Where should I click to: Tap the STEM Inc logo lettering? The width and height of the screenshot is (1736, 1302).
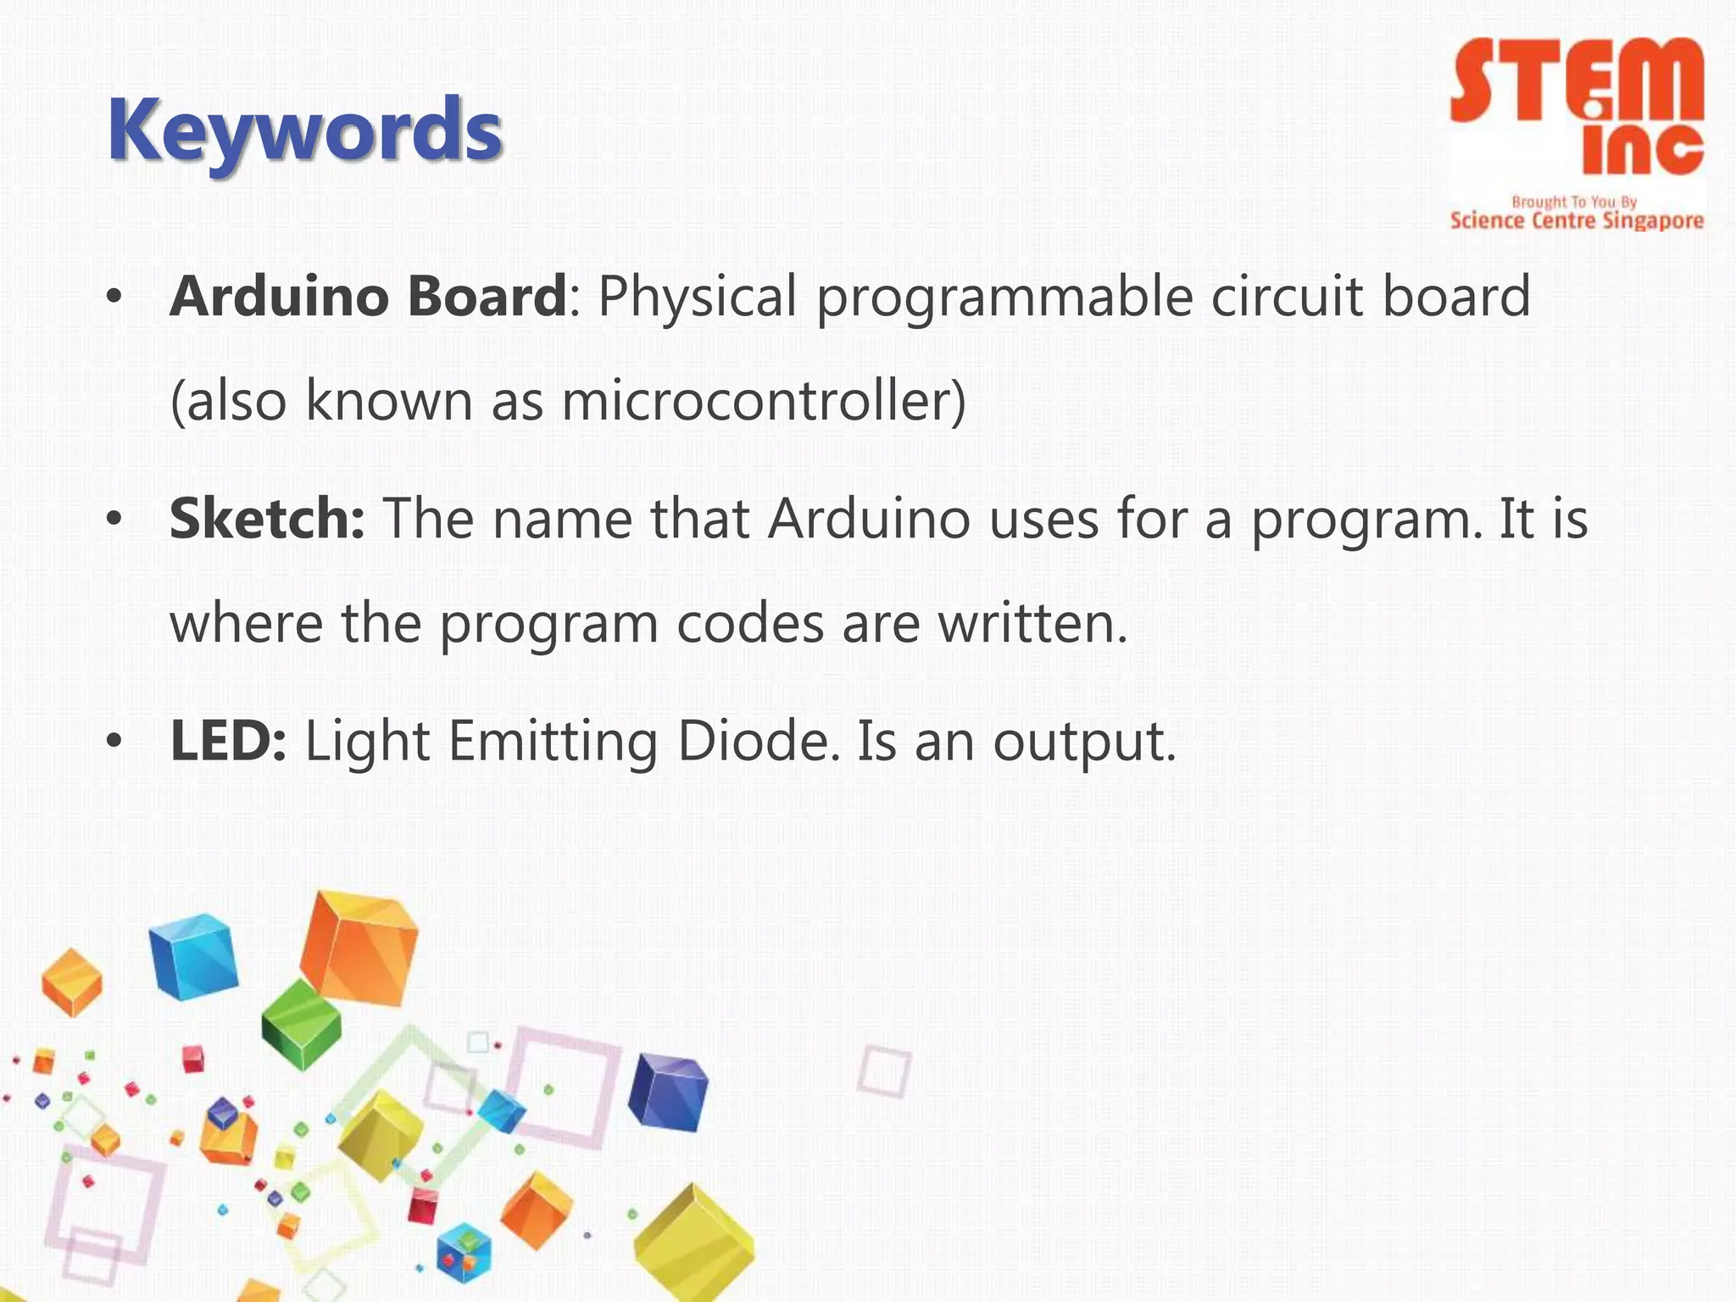(1577, 106)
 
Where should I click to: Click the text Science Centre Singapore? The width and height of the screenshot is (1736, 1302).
(1577, 221)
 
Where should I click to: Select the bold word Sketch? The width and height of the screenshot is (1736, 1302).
(266, 519)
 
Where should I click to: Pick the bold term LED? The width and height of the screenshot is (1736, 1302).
(227, 741)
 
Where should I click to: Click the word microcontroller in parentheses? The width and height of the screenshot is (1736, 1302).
(763, 400)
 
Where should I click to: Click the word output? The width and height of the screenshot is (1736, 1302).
(1084, 743)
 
